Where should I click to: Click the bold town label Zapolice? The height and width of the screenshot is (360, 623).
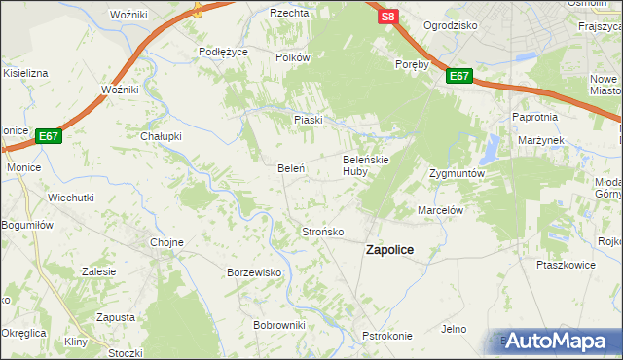[389, 250]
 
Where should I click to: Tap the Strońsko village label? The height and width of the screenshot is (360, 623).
[322, 232]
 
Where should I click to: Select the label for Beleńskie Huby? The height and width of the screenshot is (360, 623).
[367, 164]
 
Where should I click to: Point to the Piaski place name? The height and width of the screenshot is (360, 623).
[308, 119]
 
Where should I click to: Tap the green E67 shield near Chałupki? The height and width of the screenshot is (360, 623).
[50, 137]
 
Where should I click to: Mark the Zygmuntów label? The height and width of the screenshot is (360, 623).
[457, 173]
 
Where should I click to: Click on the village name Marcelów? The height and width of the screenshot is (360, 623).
[439, 209]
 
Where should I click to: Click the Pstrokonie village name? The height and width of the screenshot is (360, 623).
[387, 336]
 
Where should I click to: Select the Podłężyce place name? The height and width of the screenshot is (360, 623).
[223, 52]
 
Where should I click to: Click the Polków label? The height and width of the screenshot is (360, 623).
[292, 57]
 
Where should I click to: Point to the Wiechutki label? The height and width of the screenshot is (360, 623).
[71, 197]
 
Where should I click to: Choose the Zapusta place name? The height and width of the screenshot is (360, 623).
[116, 317]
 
